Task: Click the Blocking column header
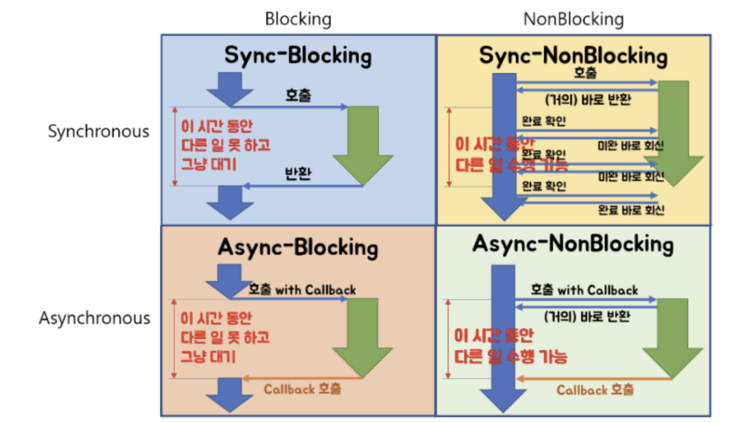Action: (298, 19)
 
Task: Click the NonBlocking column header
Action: (573, 19)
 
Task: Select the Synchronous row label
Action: (98, 131)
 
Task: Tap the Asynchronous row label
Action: (94, 318)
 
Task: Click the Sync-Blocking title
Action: (298, 56)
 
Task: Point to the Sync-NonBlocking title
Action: (573, 56)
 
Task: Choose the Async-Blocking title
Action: (298, 247)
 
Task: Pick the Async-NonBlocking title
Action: (573, 245)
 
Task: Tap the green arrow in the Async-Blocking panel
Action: (363, 337)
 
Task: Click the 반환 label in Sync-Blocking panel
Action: (298, 174)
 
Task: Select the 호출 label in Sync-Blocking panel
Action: (298, 96)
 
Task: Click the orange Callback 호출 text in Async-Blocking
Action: (302, 389)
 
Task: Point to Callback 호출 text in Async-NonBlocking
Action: (595, 390)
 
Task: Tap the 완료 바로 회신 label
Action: (631, 210)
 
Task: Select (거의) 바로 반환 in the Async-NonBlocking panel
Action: (586, 316)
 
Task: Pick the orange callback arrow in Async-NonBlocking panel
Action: (594, 378)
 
